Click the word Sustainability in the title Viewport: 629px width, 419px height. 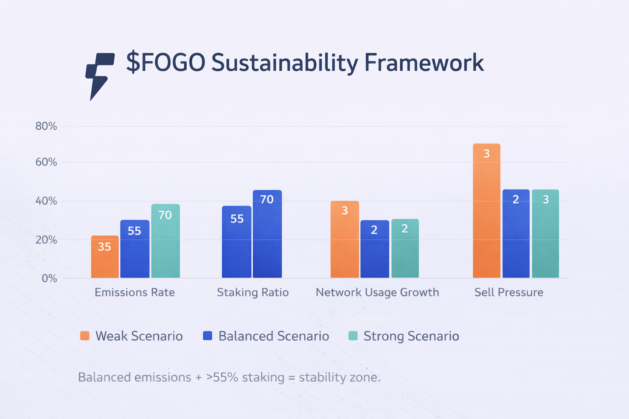coord(284,63)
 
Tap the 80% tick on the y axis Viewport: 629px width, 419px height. coord(46,126)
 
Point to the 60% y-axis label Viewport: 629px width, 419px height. coord(46,162)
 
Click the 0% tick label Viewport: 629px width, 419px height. coord(49,279)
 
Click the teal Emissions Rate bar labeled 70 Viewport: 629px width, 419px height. coord(165,241)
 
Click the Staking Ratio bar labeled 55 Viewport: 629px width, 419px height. coord(237,242)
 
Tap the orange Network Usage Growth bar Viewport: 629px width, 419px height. coord(345,239)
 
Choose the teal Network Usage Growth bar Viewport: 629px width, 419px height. coord(405,248)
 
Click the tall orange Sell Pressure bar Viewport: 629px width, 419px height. coord(486,211)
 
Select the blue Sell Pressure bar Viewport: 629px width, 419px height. coord(516,234)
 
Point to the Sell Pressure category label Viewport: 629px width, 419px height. coord(509,292)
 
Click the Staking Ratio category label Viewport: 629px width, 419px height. coord(253,292)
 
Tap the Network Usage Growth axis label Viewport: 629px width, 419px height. coord(377,292)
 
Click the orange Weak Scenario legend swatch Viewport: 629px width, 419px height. coord(85,336)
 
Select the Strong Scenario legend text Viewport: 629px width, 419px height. coord(411,336)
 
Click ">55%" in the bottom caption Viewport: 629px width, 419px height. coord(222,377)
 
